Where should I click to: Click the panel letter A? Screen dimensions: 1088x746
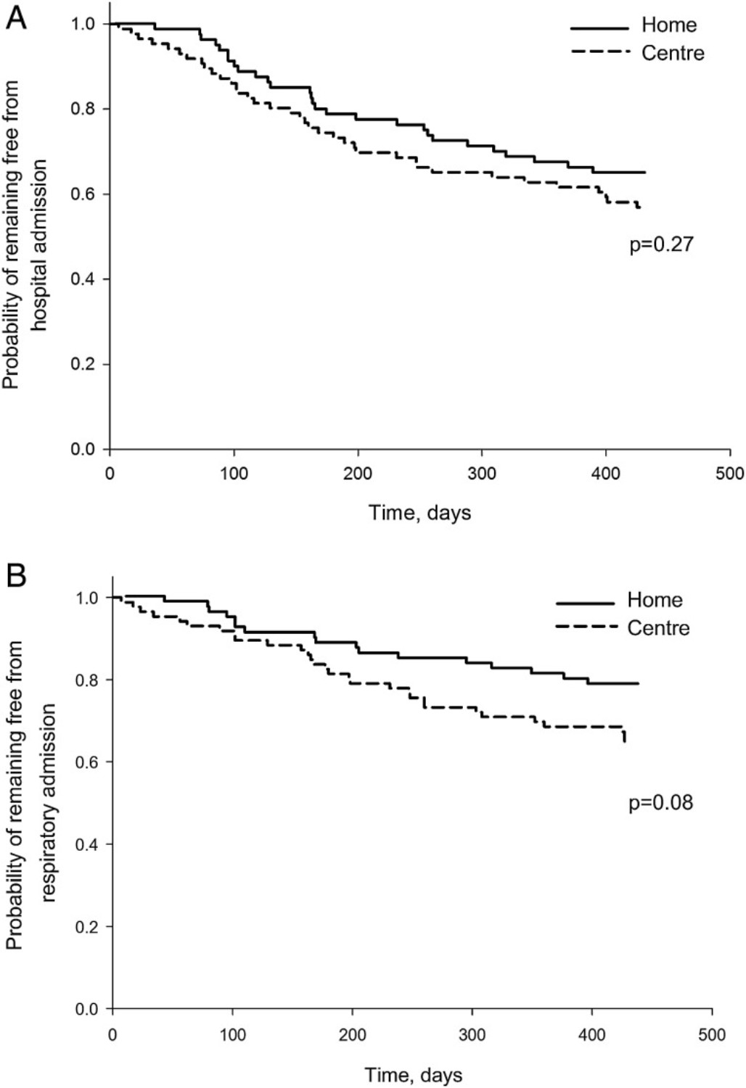(16, 17)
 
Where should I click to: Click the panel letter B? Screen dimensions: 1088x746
(16, 577)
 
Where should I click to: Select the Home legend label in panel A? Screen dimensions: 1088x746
(668, 25)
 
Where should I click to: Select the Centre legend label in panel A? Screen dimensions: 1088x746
(673, 52)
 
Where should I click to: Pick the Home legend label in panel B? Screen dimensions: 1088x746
(655, 600)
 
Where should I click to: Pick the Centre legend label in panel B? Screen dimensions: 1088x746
(658, 627)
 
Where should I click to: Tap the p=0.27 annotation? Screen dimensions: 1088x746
(661, 244)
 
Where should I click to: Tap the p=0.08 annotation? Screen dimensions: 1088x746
(661, 803)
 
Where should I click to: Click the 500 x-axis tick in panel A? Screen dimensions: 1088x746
(730, 474)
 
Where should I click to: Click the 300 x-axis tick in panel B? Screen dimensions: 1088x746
(472, 1034)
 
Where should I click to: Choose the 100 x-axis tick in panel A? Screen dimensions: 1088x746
(234, 474)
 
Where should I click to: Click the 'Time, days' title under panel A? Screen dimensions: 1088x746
(420, 513)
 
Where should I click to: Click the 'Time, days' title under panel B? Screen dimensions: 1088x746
(413, 1074)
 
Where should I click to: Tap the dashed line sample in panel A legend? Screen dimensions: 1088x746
(599, 52)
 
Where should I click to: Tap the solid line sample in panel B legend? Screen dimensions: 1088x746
(585, 601)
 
